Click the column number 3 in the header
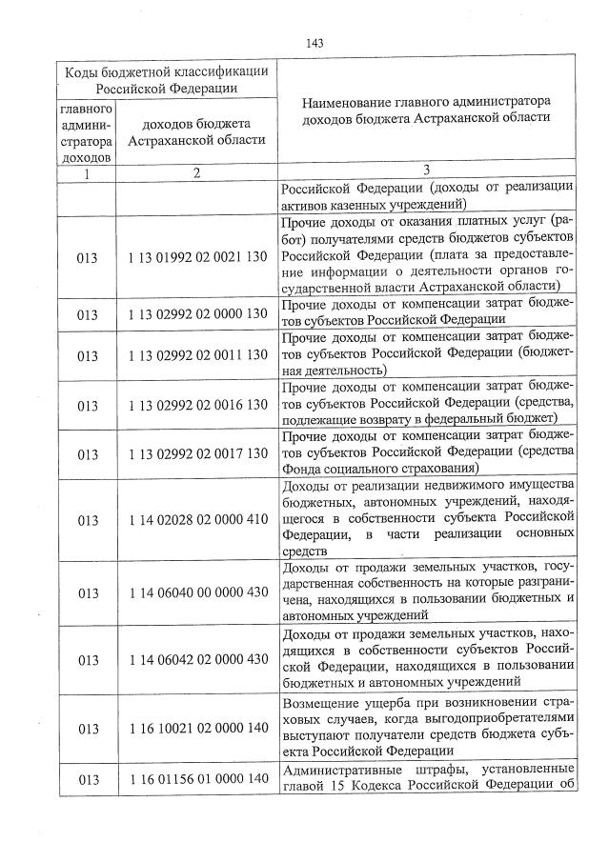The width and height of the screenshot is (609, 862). point(426,171)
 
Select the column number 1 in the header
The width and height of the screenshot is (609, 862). point(88,172)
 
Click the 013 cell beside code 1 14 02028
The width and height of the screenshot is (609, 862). point(88,520)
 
